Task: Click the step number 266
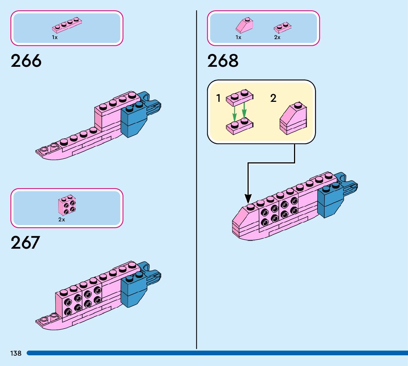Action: click(x=26, y=61)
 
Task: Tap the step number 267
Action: click(x=25, y=243)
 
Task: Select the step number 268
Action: click(x=223, y=61)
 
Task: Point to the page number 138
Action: click(x=16, y=353)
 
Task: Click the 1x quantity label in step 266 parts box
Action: click(x=55, y=38)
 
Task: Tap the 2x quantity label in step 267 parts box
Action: click(x=62, y=220)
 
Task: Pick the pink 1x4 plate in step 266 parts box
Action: click(x=67, y=25)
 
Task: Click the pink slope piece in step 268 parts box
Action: click(x=244, y=26)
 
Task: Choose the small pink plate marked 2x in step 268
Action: click(x=283, y=27)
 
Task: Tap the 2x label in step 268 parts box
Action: click(x=277, y=38)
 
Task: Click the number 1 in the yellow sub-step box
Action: click(x=218, y=98)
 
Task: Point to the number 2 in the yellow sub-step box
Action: click(x=273, y=98)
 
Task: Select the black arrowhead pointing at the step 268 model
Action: click(x=248, y=199)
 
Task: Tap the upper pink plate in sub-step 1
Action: click(x=239, y=97)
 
